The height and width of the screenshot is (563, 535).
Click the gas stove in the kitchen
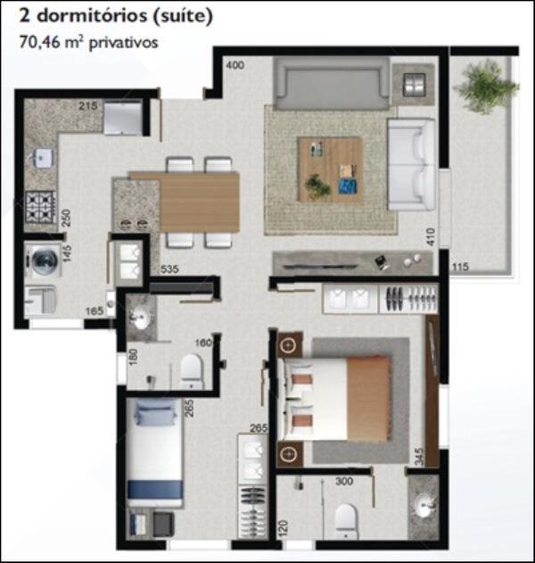click(x=41, y=208)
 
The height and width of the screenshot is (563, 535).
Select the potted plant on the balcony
click(x=485, y=87)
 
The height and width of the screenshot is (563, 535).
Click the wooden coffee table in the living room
click(x=331, y=170)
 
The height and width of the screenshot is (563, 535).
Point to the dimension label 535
click(x=169, y=269)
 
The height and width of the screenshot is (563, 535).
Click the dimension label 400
click(x=235, y=65)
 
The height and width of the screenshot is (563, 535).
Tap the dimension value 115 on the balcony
click(x=460, y=267)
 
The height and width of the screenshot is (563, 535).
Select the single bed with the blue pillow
click(x=154, y=452)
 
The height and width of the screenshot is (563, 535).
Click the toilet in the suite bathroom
click(x=346, y=521)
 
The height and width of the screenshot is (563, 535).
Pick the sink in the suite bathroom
click(x=424, y=505)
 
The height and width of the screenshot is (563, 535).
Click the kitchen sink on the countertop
click(x=43, y=158)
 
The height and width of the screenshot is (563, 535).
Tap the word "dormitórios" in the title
click(x=92, y=16)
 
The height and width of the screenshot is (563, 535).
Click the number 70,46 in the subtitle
click(x=40, y=42)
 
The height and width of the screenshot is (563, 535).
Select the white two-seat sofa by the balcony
click(x=412, y=165)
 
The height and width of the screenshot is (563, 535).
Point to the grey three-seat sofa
click(x=332, y=83)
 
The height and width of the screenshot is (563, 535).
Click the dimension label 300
click(x=344, y=481)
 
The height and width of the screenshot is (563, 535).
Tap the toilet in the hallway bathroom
click(x=192, y=372)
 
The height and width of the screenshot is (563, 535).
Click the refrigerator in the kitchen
click(x=123, y=118)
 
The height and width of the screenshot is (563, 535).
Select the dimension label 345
click(x=419, y=456)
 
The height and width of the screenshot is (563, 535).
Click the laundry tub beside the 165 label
click(x=40, y=301)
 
